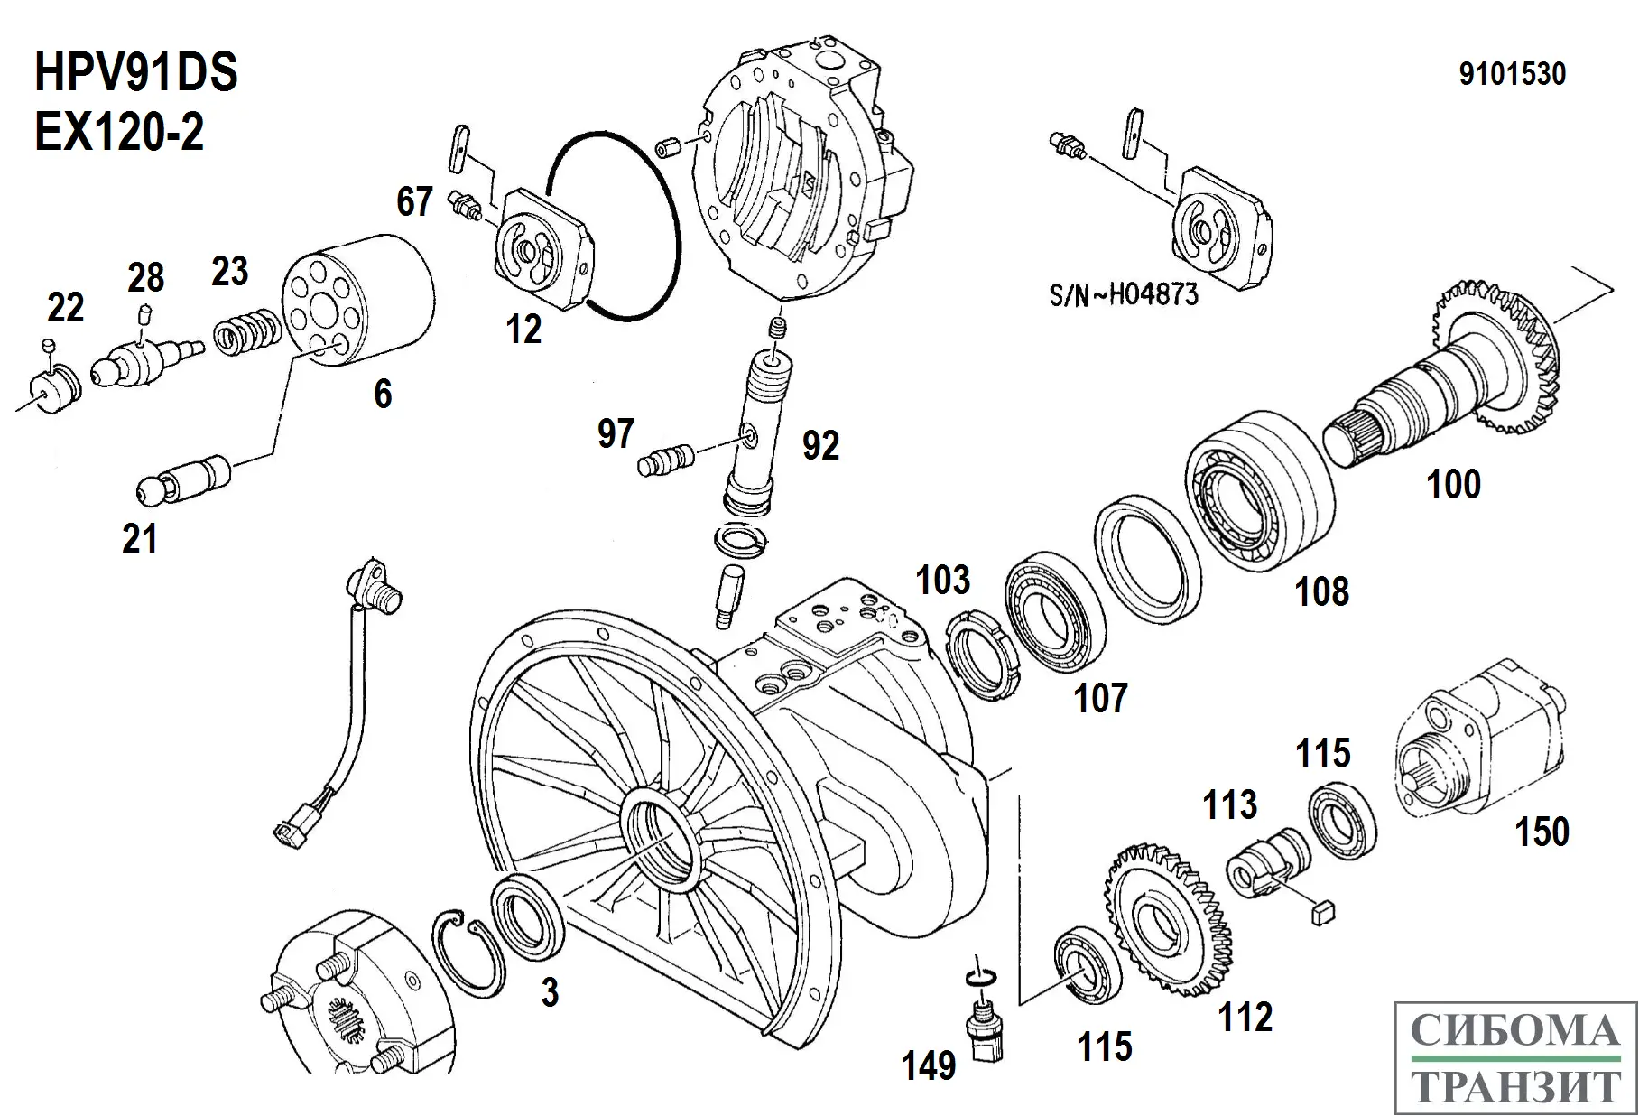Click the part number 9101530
pyautogui.click(x=1513, y=74)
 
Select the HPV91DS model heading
pyautogui.click(x=136, y=72)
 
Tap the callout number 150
pyautogui.click(x=1542, y=831)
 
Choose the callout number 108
pyautogui.click(x=1322, y=591)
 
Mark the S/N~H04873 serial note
pyautogui.click(x=1125, y=293)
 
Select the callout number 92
pyautogui.click(x=820, y=445)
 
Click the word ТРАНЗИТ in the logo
pyautogui.click(x=1517, y=1087)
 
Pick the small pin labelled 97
pyautogui.click(x=663, y=460)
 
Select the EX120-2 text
pyautogui.click(x=119, y=132)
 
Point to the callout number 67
pyautogui.click(x=414, y=201)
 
